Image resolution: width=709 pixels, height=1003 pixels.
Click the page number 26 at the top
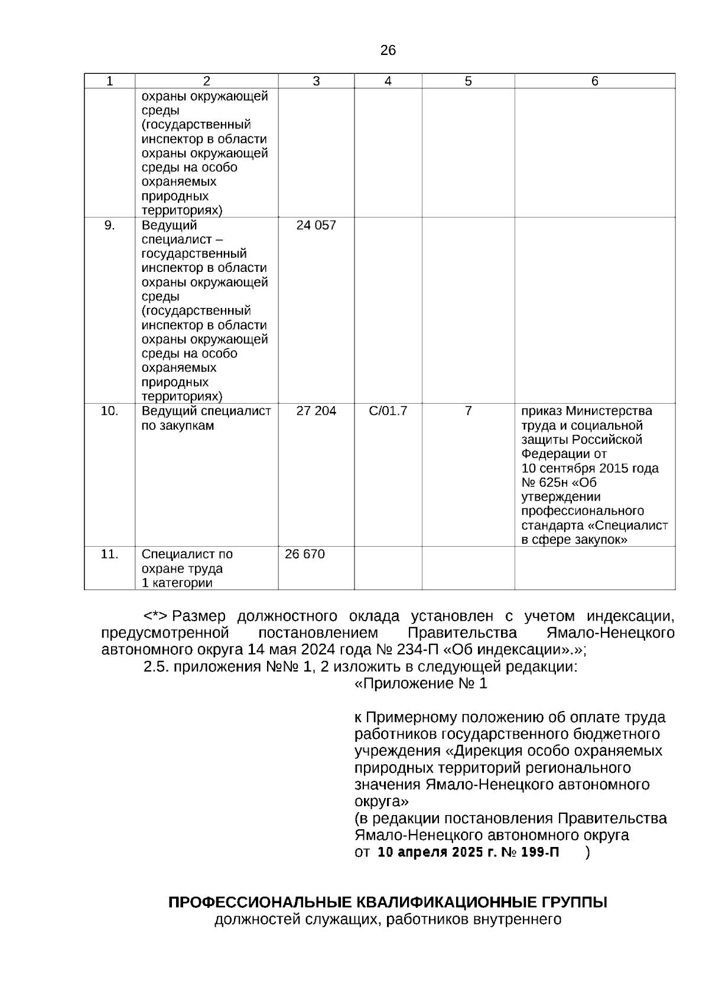click(388, 50)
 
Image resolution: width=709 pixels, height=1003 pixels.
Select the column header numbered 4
click(388, 82)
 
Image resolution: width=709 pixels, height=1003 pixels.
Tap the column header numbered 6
click(594, 82)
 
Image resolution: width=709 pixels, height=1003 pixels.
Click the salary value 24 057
click(316, 225)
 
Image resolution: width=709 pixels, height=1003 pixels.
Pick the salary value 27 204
click(316, 411)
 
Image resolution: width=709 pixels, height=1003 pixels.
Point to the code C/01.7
click(388, 411)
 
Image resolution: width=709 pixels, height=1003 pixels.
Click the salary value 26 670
click(305, 554)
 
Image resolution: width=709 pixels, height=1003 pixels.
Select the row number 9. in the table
click(109, 225)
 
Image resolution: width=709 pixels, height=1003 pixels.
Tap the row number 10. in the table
click(109, 411)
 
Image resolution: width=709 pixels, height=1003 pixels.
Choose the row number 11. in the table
click(109, 554)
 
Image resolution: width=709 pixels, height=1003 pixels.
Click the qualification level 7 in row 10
click(468, 411)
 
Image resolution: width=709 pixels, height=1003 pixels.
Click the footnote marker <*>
click(156, 616)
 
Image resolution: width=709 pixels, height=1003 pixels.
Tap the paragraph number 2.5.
click(157, 667)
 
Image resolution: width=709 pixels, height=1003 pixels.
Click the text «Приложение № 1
click(421, 684)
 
